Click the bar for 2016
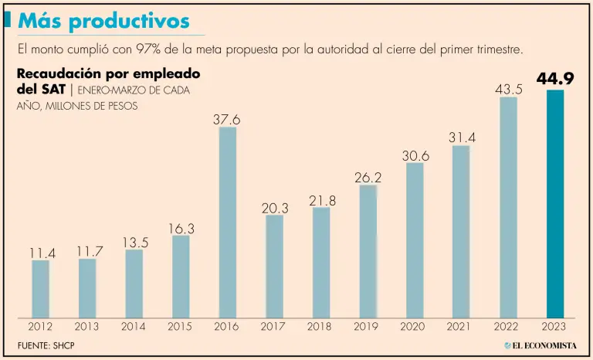[228, 222]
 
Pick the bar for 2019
[368, 251]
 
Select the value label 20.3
[274, 207]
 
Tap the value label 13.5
[134, 242]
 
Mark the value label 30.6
[415, 155]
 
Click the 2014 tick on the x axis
[134, 327]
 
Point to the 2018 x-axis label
[321, 327]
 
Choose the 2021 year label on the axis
[461, 327]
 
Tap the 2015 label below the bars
[181, 327]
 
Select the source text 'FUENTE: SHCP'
[46, 344]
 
